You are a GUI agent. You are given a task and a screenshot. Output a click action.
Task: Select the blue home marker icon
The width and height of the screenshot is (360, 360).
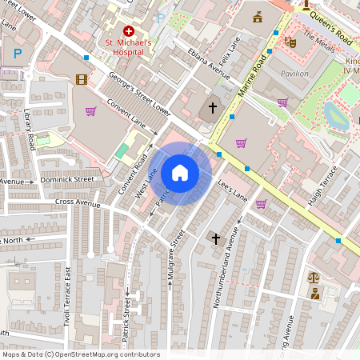click(x=180, y=172)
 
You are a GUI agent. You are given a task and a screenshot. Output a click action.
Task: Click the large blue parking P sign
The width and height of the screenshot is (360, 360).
click(x=17, y=54)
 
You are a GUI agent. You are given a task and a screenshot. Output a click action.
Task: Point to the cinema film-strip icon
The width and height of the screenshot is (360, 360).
click(x=81, y=78)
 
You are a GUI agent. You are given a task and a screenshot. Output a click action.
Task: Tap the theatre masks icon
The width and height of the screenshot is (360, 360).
click(x=290, y=38)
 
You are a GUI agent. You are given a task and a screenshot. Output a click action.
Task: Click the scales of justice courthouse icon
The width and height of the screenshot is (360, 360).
click(x=313, y=278)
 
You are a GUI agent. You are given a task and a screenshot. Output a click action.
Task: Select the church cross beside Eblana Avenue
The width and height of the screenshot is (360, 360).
click(x=213, y=107)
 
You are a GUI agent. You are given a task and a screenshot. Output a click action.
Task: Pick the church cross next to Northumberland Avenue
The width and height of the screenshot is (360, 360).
click(x=214, y=238)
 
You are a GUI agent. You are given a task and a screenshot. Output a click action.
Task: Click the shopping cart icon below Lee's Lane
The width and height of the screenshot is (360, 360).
click(x=261, y=203)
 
